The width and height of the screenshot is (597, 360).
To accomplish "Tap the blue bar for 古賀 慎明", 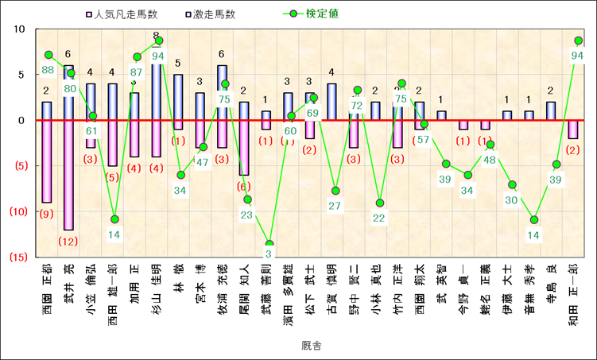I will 331,102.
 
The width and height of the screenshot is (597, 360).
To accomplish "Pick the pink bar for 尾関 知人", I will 244,147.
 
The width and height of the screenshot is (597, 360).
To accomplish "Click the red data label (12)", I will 68,241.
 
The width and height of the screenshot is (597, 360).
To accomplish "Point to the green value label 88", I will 48,70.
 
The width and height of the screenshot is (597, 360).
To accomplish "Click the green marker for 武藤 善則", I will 269,244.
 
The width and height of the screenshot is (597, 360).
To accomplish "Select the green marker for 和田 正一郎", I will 579,41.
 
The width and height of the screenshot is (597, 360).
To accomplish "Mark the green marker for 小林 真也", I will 381,203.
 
